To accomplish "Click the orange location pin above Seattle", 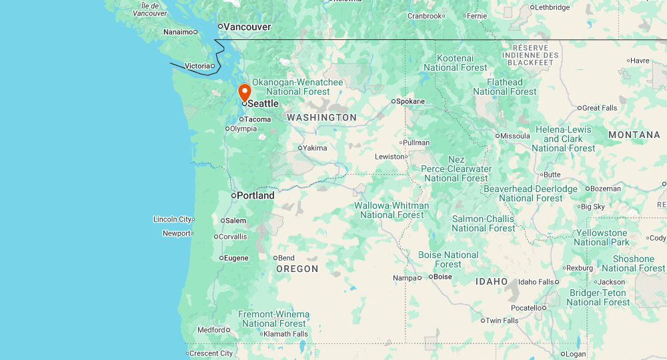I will pyautogui.click(x=245, y=93).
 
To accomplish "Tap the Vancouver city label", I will pyautogui.click(x=247, y=27).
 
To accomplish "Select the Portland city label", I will pyautogui.click(x=255, y=195).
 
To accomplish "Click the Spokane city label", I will pyautogui.click(x=410, y=101).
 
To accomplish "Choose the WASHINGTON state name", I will pyautogui.click(x=321, y=117).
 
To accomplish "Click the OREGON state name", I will pyautogui.click(x=297, y=269).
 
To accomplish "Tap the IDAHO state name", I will pyautogui.click(x=492, y=281).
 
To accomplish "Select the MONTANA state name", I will pyautogui.click(x=634, y=135).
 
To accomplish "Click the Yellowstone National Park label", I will pyautogui.click(x=601, y=237).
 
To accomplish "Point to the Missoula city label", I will pyautogui.click(x=515, y=136).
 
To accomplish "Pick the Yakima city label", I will pyautogui.click(x=315, y=148).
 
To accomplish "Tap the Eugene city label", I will pyautogui.click(x=236, y=258).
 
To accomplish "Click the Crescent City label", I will pyautogui.click(x=211, y=353).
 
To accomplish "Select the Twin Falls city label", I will pyautogui.click(x=502, y=321).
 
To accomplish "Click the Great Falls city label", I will pyautogui.click(x=600, y=108).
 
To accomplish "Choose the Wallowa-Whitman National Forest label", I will pyautogui.click(x=392, y=210).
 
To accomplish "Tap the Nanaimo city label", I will pyautogui.click(x=178, y=32).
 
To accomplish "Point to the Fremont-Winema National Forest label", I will pyautogui.click(x=273, y=319).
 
